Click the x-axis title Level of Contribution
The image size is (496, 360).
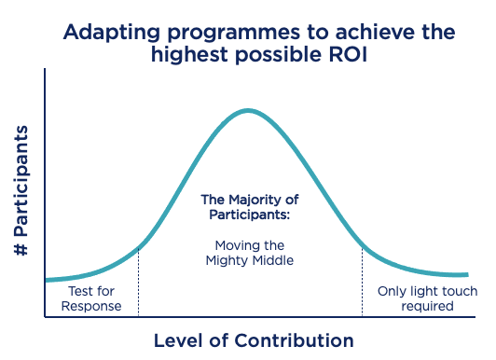coord(254,339)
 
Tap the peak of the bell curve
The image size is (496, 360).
coord(248,110)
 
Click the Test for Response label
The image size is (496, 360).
coord(91,298)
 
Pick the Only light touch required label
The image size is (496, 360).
coord(427,298)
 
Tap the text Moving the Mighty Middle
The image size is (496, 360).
coord(248,253)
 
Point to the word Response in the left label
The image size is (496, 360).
coord(91,306)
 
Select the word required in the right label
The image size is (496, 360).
coord(427,306)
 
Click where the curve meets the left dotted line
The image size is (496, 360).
coord(138,248)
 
